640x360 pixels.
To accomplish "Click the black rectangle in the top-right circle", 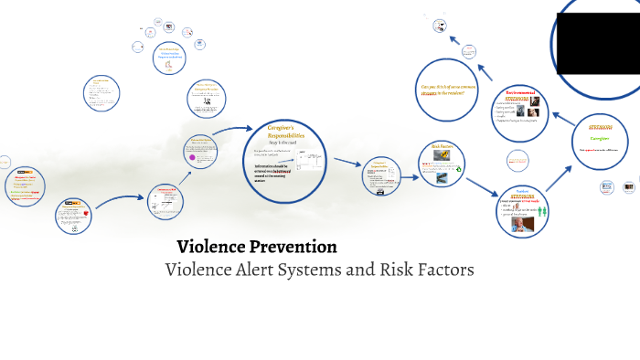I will pos(601,44).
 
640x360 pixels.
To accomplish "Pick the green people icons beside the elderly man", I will pos(540,210).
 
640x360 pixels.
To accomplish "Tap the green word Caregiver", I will pos(599,138).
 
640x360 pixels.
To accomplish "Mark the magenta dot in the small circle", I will pos(193,157).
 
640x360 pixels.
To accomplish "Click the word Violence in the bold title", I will pos(211,247).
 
